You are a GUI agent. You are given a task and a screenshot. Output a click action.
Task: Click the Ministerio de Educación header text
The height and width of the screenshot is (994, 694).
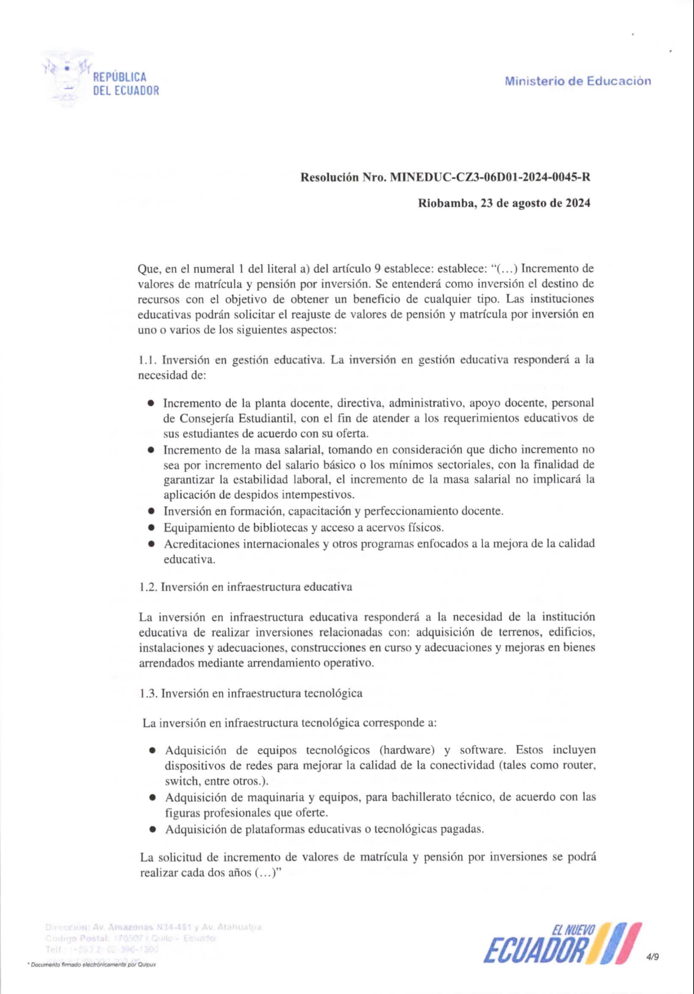(x=577, y=81)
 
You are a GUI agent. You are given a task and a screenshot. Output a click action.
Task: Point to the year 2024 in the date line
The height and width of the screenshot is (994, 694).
(x=578, y=203)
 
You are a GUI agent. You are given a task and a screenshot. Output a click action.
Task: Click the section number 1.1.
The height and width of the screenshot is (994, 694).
(x=148, y=360)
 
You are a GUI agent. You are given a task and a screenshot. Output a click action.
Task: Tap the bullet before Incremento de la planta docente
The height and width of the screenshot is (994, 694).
(x=151, y=403)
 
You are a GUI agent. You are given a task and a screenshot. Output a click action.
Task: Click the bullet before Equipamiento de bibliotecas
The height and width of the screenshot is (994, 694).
(x=151, y=528)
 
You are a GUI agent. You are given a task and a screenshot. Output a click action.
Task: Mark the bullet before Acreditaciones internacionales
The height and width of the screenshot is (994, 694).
(x=151, y=544)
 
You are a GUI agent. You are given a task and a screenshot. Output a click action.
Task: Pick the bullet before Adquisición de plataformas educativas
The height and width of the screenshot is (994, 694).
(x=152, y=829)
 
